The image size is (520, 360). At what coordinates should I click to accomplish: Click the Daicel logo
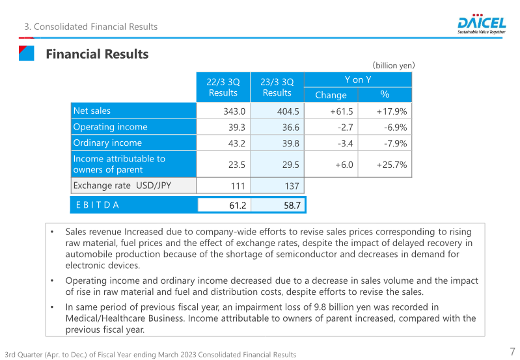(x=482, y=24)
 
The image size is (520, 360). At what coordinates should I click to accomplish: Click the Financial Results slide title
(x=97, y=54)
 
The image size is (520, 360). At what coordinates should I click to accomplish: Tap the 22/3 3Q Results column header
(x=223, y=87)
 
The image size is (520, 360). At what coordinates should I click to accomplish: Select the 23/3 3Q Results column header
(x=277, y=87)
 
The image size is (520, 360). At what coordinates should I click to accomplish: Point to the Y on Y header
(x=358, y=79)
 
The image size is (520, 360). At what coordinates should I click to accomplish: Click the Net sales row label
(x=92, y=111)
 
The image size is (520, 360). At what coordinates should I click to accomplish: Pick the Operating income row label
(x=110, y=127)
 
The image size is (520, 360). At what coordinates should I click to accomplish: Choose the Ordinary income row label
(x=107, y=143)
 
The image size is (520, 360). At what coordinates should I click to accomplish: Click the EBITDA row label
(x=98, y=205)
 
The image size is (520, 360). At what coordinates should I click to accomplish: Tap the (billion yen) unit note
(x=394, y=65)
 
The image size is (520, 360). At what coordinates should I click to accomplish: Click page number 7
(x=512, y=350)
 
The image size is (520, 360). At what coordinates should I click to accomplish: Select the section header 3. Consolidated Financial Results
(x=90, y=27)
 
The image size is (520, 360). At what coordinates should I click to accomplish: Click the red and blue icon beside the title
(x=25, y=53)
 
